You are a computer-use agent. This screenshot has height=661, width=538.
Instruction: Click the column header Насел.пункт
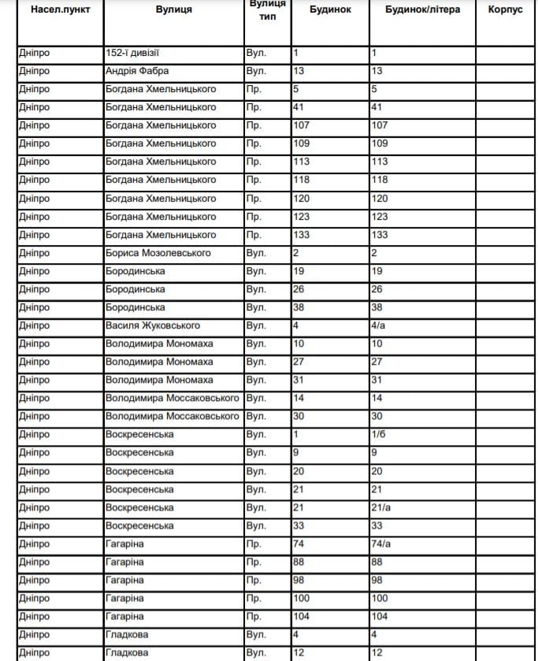(x=59, y=10)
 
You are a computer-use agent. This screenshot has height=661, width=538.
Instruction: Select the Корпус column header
(x=505, y=10)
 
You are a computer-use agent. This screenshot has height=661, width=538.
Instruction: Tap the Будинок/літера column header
(x=422, y=10)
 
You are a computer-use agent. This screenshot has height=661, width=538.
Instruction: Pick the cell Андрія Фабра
(x=137, y=71)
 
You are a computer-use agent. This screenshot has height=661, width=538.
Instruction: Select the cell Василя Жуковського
(x=153, y=325)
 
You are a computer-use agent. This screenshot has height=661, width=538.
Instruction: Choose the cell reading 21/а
(x=381, y=507)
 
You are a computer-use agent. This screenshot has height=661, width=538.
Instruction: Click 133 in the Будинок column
(x=302, y=235)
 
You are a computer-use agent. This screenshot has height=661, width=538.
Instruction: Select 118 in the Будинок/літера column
(x=380, y=180)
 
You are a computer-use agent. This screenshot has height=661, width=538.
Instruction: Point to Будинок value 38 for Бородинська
(x=299, y=307)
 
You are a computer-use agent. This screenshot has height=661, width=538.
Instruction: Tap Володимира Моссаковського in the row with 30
(x=173, y=416)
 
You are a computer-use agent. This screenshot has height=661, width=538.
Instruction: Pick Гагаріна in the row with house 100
(x=124, y=598)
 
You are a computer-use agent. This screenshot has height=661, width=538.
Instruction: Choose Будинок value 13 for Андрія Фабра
(x=299, y=71)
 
